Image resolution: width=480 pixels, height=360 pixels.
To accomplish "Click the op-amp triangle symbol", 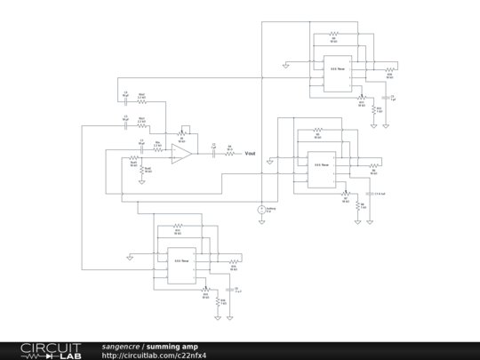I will (181, 153).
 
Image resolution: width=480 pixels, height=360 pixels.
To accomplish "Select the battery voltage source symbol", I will (261, 209).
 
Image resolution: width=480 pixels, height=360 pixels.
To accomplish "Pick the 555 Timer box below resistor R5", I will (319, 166).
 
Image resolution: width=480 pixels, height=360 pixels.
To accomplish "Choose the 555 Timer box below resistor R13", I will (182, 262).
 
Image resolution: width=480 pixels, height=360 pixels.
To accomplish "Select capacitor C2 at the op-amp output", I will (213, 153).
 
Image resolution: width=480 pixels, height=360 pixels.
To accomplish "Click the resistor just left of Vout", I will (229, 153).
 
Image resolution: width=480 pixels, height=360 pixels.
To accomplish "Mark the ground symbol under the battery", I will (261, 222).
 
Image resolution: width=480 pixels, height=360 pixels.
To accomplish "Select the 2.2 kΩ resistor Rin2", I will (141, 120).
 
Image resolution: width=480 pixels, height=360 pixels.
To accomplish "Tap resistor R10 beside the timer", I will (388, 68).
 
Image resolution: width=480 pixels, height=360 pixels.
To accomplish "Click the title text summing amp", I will (172, 346).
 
